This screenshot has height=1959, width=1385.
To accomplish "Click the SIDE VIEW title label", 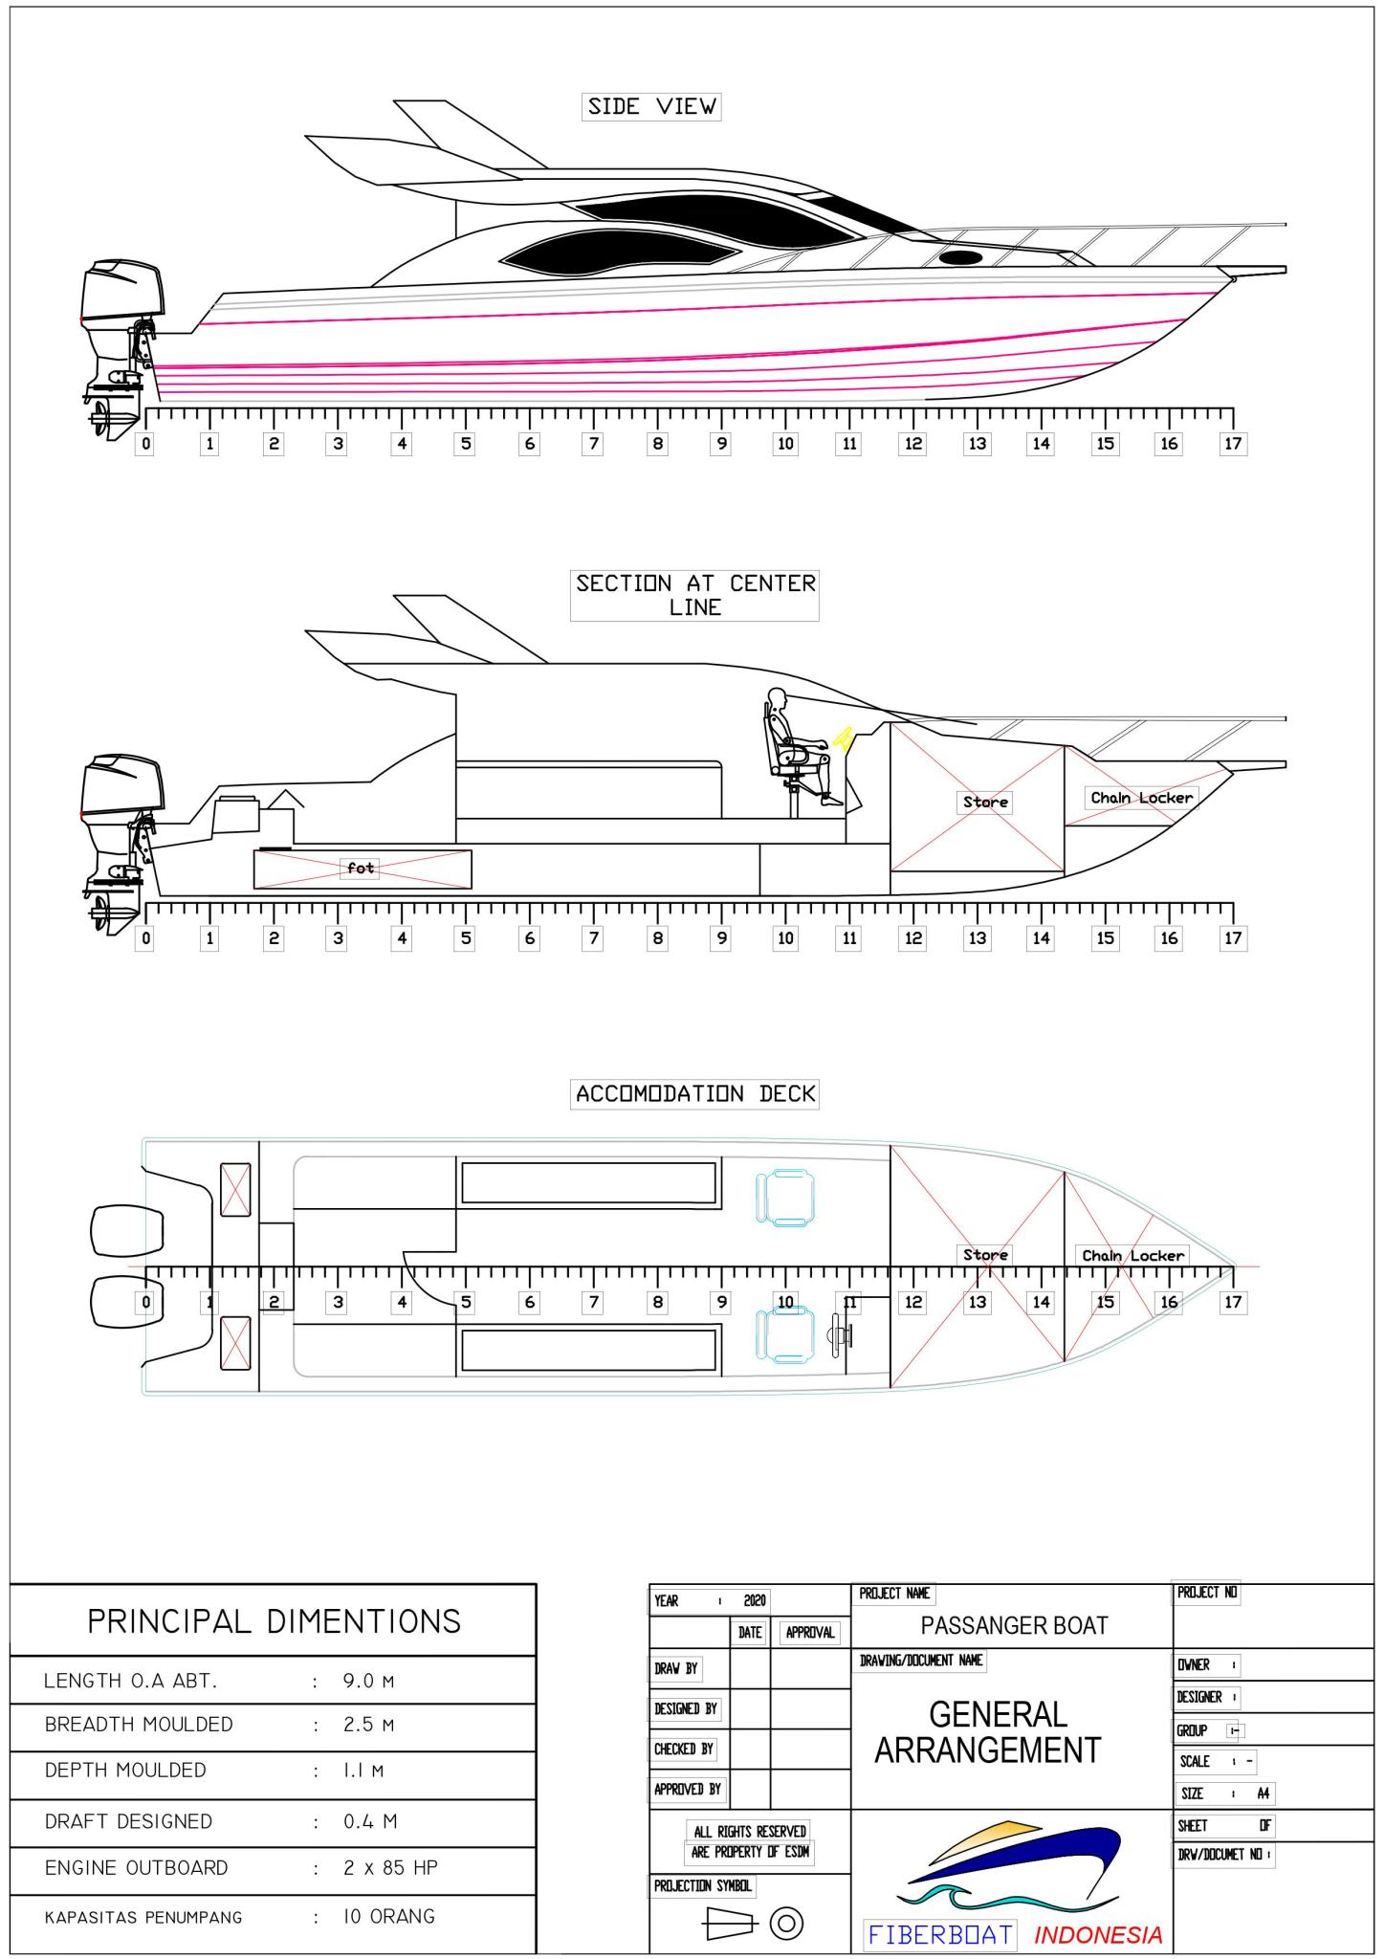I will (x=651, y=106).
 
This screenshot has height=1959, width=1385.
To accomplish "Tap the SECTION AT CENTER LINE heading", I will (x=694, y=595).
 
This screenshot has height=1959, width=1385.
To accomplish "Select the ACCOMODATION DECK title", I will (x=695, y=1093).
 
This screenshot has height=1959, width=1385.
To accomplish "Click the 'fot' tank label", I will (x=361, y=869).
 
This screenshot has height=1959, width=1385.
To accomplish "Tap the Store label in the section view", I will (x=985, y=802).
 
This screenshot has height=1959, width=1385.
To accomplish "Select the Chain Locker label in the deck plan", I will (x=1132, y=1255).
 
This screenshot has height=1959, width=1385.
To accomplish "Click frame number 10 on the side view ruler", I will (x=785, y=444).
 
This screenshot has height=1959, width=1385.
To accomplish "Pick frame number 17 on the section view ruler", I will (x=1233, y=938).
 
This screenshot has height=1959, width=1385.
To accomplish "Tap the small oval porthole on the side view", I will (x=960, y=257).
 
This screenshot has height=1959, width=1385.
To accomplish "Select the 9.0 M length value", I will (x=368, y=1681).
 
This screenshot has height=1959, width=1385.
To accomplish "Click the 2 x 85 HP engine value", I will (x=390, y=1867).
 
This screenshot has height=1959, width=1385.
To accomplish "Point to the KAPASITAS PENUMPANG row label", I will (x=143, y=1917).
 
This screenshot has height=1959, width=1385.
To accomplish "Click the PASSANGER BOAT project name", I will (x=1014, y=1625).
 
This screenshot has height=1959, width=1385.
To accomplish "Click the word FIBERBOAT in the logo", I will (x=939, y=1934).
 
